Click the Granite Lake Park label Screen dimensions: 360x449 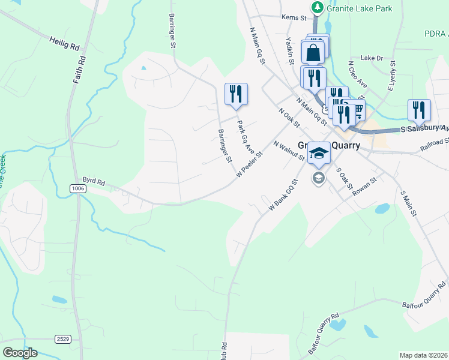[360, 8]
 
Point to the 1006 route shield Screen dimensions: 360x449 [77, 188]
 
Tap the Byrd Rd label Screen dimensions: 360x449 [94, 181]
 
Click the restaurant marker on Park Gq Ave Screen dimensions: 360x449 [236, 94]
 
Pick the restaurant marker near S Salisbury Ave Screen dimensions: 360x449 [418, 110]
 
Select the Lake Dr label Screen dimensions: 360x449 [372, 58]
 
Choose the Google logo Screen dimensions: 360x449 [20, 353]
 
